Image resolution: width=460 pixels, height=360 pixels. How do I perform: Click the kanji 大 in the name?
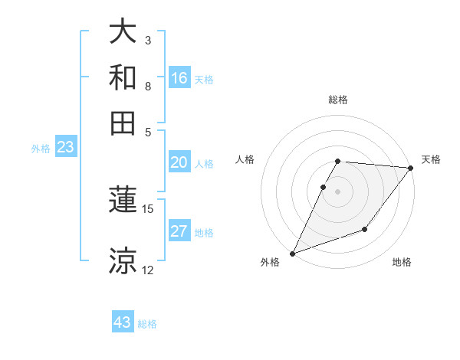123,32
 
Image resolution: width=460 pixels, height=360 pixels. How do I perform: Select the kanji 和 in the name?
123,77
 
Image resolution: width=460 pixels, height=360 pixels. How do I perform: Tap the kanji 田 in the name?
123,122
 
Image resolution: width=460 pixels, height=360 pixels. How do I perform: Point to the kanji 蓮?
123,201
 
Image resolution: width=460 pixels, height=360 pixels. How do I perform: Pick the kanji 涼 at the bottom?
123,260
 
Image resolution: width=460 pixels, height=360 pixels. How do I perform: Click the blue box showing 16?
179,77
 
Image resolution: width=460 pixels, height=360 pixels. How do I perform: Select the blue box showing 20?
179,162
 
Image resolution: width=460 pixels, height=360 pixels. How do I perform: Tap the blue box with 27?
179,231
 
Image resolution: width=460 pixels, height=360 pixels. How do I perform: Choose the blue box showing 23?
65,147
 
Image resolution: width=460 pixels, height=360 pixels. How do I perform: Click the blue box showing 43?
123,322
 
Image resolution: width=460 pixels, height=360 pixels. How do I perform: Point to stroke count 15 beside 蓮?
148,208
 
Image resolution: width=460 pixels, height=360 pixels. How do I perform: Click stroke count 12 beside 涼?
148,270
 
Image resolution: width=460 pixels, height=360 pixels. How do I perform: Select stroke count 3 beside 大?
147,39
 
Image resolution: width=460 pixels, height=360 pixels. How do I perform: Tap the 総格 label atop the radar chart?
338,100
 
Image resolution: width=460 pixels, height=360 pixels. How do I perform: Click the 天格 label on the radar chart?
431,159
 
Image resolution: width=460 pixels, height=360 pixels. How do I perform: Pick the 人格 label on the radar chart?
245,159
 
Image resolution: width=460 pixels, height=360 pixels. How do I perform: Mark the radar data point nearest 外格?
292,254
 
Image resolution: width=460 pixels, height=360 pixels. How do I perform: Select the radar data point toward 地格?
365,229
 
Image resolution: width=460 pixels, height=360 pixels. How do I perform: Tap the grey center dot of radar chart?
338,191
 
